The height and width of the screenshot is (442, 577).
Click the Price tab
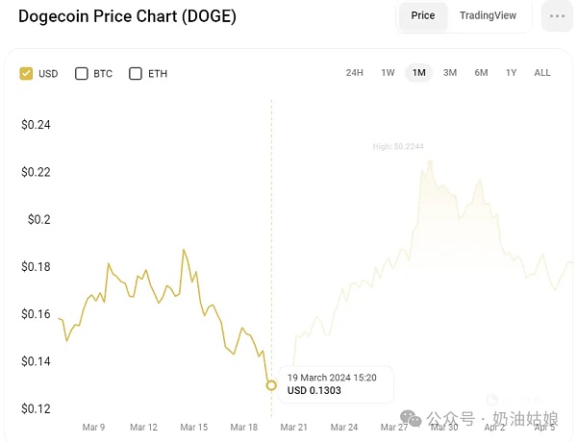tap(423, 16)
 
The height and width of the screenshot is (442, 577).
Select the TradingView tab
tap(488, 16)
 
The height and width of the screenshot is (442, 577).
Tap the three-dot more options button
tap(557, 16)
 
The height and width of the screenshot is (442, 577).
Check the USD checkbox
tap(26, 73)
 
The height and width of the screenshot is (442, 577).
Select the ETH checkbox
tap(136, 73)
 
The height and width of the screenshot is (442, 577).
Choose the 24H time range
tap(354, 73)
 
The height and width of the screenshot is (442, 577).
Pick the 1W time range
tap(388, 73)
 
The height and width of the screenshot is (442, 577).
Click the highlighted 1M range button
tap(418, 73)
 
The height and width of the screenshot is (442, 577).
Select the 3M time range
tap(449, 73)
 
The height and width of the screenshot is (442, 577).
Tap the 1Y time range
tap(511, 73)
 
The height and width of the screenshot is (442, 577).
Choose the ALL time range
tap(542, 73)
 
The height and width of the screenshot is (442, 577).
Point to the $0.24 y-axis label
tap(36, 125)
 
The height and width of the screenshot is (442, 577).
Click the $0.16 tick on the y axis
tap(36, 314)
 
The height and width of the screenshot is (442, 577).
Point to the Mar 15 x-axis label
tap(194, 427)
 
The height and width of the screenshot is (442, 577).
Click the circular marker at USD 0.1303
tap(271, 385)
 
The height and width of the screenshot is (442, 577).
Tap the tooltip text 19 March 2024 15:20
tap(332, 378)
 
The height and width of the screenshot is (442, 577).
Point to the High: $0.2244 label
tap(399, 146)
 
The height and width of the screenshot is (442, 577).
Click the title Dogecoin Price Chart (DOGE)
tap(127, 16)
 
